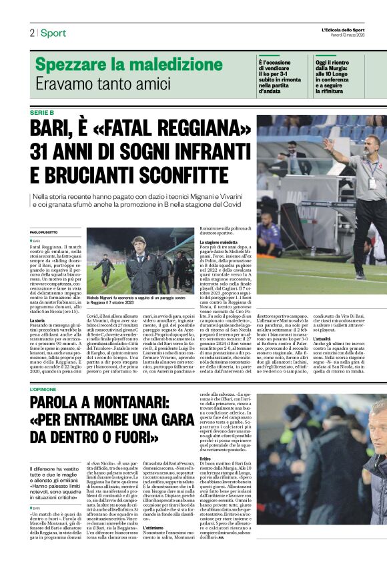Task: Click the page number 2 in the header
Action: tap(31, 33)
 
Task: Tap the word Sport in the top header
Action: tap(53, 33)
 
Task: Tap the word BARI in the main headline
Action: tap(58, 128)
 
